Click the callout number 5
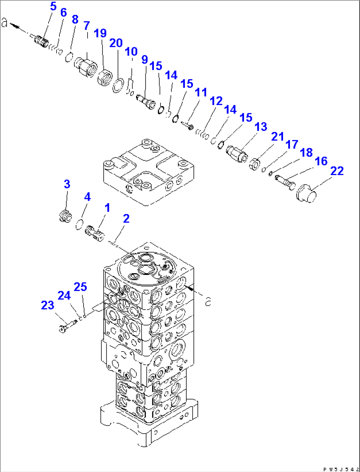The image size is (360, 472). [53, 6]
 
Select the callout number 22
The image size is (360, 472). [337, 171]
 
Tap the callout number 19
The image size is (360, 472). [100, 33]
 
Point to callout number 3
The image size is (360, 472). [67, 184]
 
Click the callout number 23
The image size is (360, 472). [48, 305]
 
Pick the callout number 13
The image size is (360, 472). [261, 127]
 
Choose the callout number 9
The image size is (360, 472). [144, 60]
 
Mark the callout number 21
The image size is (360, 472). [277, 136]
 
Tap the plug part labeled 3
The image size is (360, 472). [65, 217]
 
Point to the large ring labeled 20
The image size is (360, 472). [118, 85]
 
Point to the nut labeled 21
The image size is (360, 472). [254, 164]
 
